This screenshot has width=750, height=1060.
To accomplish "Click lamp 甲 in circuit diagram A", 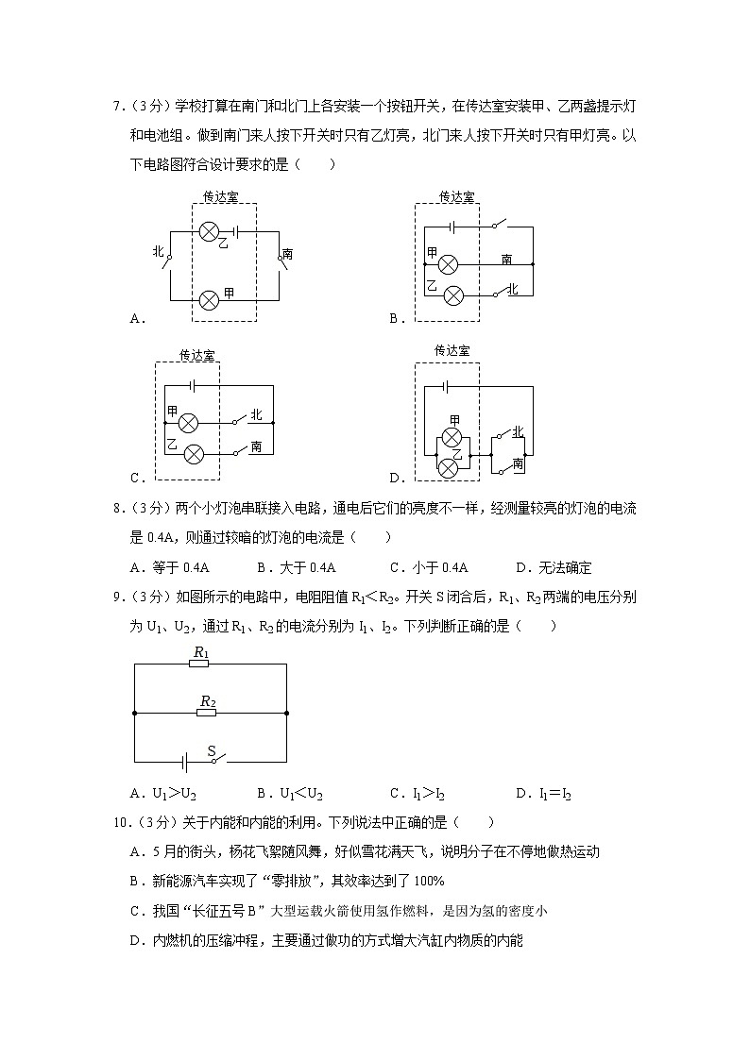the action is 210,299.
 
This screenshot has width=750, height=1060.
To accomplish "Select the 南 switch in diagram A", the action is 281,257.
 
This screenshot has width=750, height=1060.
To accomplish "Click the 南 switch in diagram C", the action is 246,450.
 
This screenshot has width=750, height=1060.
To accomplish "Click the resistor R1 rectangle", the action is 199,664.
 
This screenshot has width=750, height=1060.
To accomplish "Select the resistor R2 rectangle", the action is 207,712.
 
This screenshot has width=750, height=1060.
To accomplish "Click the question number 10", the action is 119,823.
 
